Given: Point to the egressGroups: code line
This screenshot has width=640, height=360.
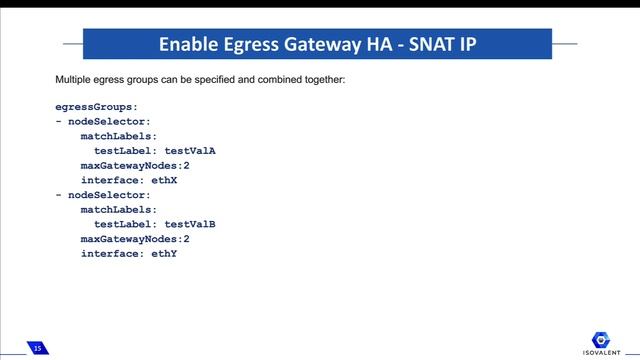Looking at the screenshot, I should coord(96,106).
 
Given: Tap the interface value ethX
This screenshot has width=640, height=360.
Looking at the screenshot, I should coord(164,180).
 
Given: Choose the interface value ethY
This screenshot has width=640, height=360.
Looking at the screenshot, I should coord(164,254).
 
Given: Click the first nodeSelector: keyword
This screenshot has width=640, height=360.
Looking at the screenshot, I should coord(109,121).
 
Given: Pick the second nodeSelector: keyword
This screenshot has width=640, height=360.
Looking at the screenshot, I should coord(109,195).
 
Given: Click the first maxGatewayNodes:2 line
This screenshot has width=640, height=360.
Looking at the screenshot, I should coord(135,165).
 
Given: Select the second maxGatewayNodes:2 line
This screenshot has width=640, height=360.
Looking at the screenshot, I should coord(135,239).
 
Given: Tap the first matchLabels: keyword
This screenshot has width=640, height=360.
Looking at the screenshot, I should coord(119,136).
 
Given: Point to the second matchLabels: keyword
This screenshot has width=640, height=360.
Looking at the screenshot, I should coord(119,210).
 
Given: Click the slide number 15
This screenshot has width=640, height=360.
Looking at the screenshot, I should coord(37,348).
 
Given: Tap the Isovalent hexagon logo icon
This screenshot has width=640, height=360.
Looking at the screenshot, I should coord(603,338).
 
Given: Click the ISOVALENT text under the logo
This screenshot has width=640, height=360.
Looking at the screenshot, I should coord(603,353).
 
